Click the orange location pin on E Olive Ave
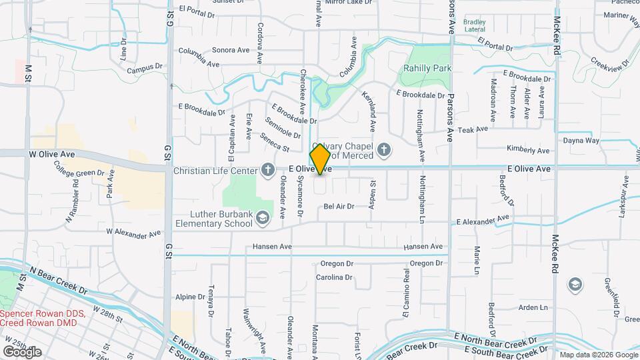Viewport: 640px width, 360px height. (x=321, y=159)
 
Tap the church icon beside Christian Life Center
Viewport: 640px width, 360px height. (x=267, y=169)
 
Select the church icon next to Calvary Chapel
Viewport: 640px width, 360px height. (x=383, y=150)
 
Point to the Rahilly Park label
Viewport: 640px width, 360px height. (x=427, y=68)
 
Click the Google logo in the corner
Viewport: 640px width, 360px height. (x=22, y=351)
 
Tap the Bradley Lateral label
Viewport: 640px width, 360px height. (x=475, y=26)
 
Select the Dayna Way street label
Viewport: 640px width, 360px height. (x=581, y=141)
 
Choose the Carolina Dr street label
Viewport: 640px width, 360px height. (x=333, y=277)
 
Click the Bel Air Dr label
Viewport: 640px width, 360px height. (x=339, y=207)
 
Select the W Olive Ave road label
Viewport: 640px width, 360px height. (x=51, y=154)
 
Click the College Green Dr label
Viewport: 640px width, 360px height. (x=80, y=173)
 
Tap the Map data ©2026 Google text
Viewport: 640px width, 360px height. (x=597, y=355)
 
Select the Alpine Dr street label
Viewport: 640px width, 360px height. (x=190, y=297)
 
